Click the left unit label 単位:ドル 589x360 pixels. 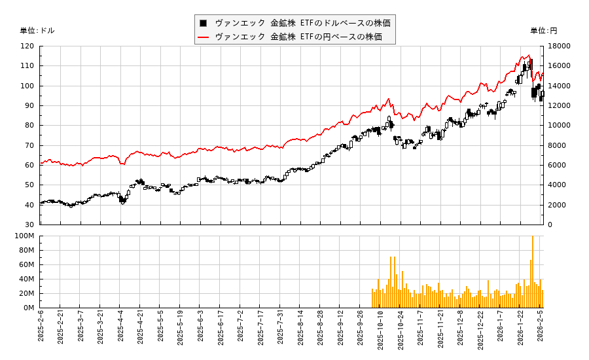point(37,31)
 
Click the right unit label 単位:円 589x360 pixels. point(544,31)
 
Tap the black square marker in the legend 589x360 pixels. point(204,23)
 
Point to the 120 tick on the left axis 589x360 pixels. point(27,46)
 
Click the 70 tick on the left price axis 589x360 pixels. point(29,145)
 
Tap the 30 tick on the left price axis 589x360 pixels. point(29,225)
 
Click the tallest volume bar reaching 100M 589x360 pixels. point(533,272)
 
